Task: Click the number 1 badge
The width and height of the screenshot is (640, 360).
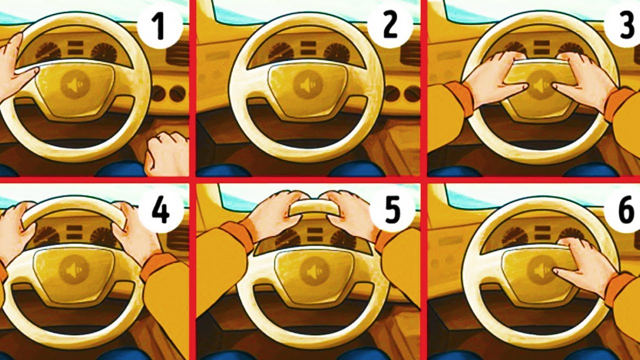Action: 160,26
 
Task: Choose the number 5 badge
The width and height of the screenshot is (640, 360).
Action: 392,211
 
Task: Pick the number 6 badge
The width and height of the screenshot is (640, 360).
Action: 623,211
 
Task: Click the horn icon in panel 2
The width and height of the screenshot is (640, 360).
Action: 308,84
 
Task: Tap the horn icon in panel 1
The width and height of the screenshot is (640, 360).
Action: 75,84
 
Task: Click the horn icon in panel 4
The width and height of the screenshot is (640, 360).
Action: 73,269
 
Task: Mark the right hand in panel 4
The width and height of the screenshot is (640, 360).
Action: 134,228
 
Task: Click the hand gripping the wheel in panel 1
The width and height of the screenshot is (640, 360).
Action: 17,65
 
